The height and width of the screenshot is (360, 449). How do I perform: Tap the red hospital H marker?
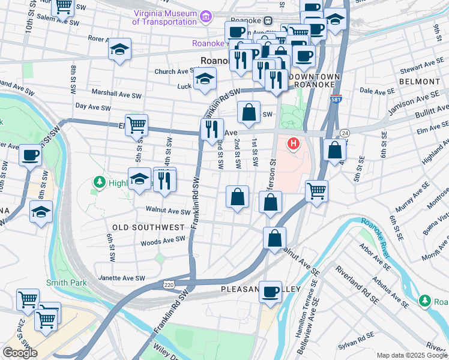click(x=294, y=144)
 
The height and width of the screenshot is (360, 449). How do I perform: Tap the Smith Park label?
click(x=67, y=283)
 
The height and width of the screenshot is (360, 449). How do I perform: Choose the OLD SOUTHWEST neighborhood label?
click(x=148, y=227)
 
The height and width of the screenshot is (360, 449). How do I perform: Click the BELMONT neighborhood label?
click(x=418, y=81)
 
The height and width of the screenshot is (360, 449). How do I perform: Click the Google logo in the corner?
click(x=20, y=353)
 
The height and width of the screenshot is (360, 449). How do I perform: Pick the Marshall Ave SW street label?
click(x=116, y=94)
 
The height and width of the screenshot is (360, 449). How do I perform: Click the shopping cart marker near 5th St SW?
click(x=137, y=125)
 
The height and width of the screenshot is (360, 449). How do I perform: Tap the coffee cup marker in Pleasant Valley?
click(x=271, y=292)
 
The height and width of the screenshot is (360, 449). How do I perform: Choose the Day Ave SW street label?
click(x=93, y=107)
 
